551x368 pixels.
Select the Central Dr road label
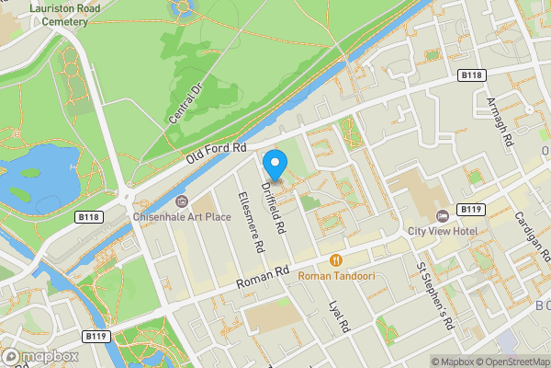point(185,102)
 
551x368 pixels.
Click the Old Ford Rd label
point(217,147)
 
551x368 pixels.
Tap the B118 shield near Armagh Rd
point(471,74)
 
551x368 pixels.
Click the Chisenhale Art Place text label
point(183,217)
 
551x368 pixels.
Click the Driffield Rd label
point(275,205)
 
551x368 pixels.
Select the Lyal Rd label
point(340,316)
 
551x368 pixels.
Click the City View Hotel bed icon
point(443,215)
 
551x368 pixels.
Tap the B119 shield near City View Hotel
point(469,209)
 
